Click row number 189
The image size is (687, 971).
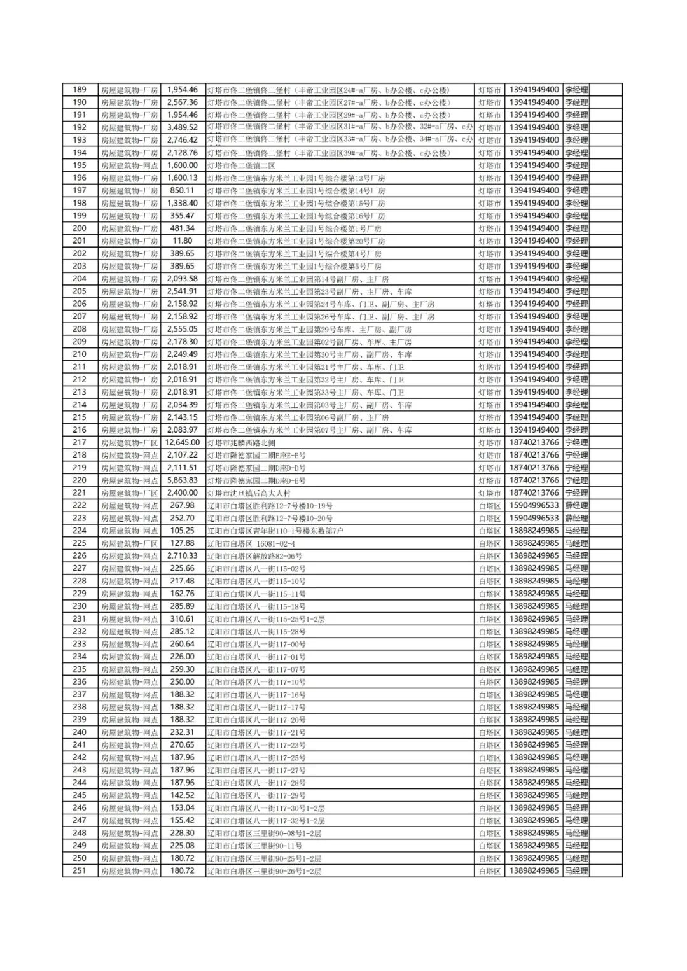tap(80, 90)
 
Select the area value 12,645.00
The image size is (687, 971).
tap(182, 442)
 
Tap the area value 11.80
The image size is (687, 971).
tap(182, 241)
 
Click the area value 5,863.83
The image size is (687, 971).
tap(182, 480)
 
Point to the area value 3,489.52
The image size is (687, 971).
tap(182, 127)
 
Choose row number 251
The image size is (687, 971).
tap(80, 870)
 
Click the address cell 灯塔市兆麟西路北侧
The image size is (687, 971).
tap(241, 443)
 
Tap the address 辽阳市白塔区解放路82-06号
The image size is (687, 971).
tap(254, 556)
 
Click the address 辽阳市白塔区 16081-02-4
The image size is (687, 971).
tap(251, 543)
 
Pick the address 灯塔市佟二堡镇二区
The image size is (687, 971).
tap(241, 165)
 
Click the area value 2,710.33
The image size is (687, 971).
tap(182, 555)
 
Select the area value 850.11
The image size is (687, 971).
tap(182, 190)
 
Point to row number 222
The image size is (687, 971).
tap(80, 505)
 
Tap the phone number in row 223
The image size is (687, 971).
tap(534, 518)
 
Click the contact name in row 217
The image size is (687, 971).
tap(576, 442)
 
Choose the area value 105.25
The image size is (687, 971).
tap(182, 531)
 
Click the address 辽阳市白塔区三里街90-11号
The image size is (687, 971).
tap(254, 846)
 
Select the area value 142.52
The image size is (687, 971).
tap(182, 795)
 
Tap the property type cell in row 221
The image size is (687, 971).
tap(129, 493)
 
